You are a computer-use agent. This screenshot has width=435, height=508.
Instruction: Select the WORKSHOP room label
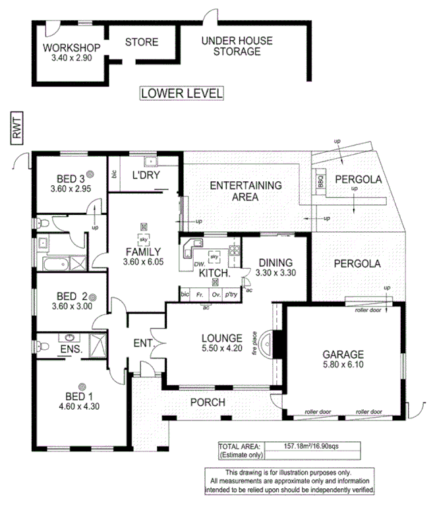[71, 48]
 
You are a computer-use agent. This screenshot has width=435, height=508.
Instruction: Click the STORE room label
[142, 42]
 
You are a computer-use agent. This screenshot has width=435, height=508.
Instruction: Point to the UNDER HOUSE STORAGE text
[237, 46]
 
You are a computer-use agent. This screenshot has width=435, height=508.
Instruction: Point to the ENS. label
[71, 349]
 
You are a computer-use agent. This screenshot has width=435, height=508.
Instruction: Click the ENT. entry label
[143, 343]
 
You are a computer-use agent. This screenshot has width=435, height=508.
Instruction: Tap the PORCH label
[208, 402]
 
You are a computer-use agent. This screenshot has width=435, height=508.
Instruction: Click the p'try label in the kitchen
[231, 294]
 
